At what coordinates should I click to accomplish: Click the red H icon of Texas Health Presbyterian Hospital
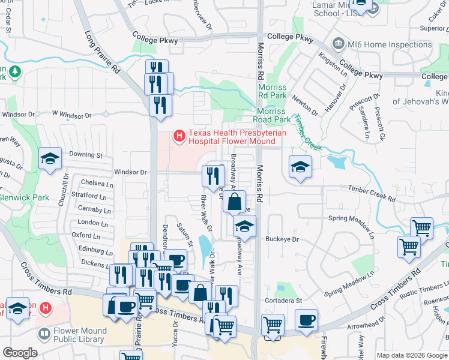click(x=178, y=137)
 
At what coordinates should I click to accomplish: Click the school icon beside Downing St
click(x=50, y=159)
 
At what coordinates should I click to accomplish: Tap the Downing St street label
click(x=86, y=155)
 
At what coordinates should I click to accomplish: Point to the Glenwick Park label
click(x=24, y=197)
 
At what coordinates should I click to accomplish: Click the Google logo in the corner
click(x=20, y=353)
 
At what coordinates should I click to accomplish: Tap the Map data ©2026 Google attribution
click(x=411, y=355)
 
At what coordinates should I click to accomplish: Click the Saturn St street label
click(x=184, y=236)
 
